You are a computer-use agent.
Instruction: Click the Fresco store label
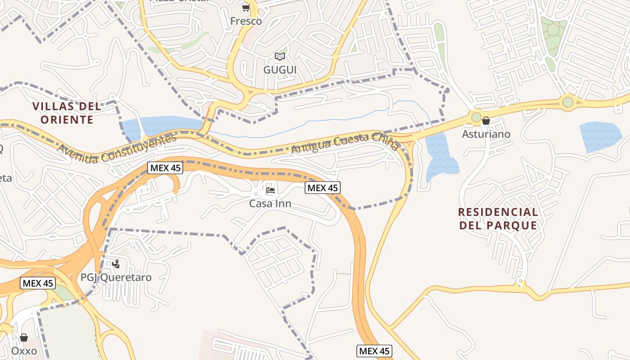[246, 21]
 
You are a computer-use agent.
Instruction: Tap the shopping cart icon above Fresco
[246, 8]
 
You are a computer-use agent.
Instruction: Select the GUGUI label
[280, 70]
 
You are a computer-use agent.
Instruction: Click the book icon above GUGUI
[280, 56]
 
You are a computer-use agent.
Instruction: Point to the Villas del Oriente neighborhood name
[67, 113]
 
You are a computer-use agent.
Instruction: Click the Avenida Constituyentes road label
[117, 149]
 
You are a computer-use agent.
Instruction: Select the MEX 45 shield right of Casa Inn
[323, 188]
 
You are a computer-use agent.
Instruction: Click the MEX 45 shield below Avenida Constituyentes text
[165, 168]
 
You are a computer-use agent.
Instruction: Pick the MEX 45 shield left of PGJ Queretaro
[38, 283]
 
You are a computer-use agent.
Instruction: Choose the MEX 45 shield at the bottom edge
[374, 351]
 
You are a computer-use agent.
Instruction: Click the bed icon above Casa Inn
[270, 190]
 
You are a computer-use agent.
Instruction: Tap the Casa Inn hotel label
[270, 204]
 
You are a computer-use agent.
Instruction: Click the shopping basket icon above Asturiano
[486, 121]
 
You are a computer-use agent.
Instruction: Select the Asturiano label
[486, 134]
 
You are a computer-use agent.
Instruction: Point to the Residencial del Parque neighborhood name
[498, 219]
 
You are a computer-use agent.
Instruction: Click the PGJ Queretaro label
[116, 277]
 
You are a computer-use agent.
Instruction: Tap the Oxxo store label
[24, 351]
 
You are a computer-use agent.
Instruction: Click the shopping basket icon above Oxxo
[24, 337]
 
